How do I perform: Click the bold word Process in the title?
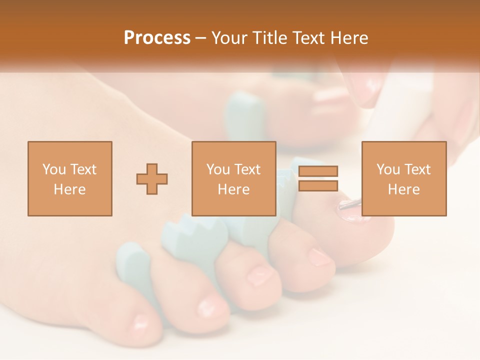coord(157,38)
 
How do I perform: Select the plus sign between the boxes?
coord(152,178)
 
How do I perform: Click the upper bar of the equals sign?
coord(318,171)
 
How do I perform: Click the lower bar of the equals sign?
coord(318,185)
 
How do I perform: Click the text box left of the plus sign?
coord(69,178)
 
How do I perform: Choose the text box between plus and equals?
coord(233,178)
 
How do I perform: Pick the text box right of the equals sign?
coord(403,178)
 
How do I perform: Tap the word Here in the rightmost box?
coord(403,189)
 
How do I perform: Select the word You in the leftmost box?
coord(53,169)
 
